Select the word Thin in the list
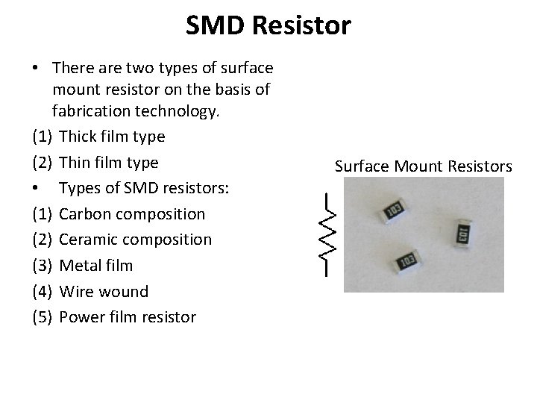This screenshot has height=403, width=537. point(75,163)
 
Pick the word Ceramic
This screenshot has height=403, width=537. point(87,240)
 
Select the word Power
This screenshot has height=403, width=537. point(81,316)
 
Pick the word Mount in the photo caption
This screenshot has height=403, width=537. point(415,165)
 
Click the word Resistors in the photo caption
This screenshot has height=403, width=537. point(480,165)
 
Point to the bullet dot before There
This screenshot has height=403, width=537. point(36,68)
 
